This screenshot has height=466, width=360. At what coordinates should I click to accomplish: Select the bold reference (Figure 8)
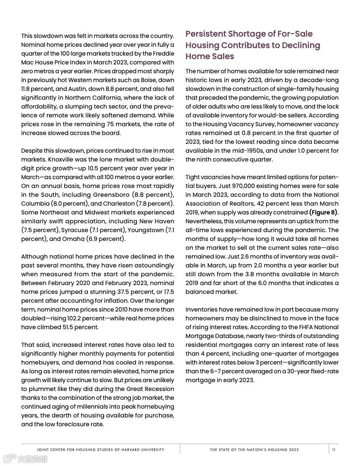pos(323,212)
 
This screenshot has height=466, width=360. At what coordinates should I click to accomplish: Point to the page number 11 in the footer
pos(334,450)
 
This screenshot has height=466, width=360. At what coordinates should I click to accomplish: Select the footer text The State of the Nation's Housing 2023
pos(254,450)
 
